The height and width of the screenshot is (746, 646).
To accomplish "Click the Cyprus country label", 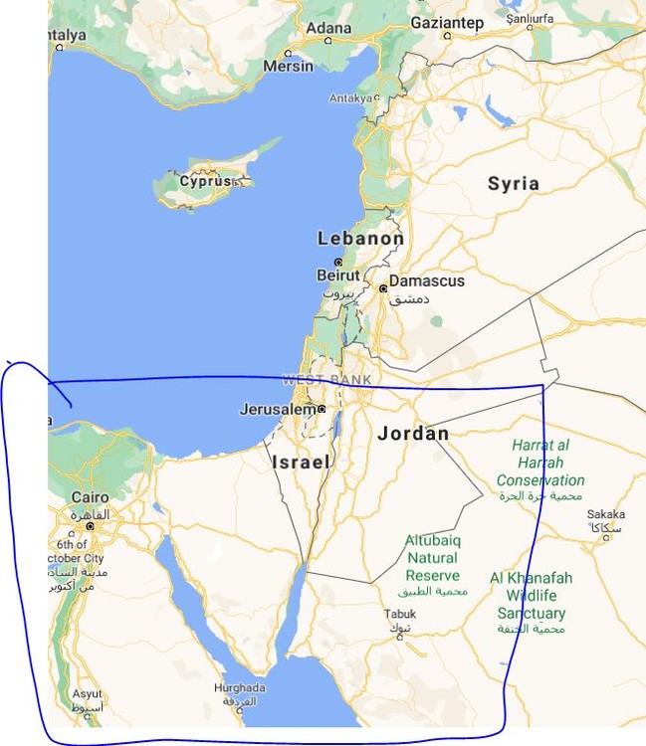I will coord(205,181).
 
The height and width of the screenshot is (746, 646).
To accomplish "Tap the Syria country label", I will coord(514,183).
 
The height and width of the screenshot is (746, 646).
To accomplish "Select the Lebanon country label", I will coord(360,239).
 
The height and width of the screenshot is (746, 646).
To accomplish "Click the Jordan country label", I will coord(413,434).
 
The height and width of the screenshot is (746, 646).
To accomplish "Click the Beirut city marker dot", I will coord(338,262).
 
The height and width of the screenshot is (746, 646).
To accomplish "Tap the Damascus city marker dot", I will coord(383,288).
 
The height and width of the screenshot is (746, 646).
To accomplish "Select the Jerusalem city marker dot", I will coord(322,408).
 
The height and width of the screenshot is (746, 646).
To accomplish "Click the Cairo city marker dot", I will coord(90,525).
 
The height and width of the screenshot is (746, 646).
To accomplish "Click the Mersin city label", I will coord(288,66).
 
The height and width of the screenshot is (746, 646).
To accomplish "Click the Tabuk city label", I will coord(401,614).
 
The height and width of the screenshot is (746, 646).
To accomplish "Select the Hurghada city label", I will coord(240,687).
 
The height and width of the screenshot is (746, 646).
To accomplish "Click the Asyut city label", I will coord(87,693).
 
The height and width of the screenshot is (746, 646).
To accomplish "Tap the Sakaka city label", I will coord(605,514).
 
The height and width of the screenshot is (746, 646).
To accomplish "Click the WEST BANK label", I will coord(326,379).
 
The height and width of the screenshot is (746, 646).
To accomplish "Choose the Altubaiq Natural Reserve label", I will coord(433,558).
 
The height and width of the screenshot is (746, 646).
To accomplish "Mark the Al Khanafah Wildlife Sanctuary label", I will coord(531,595).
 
